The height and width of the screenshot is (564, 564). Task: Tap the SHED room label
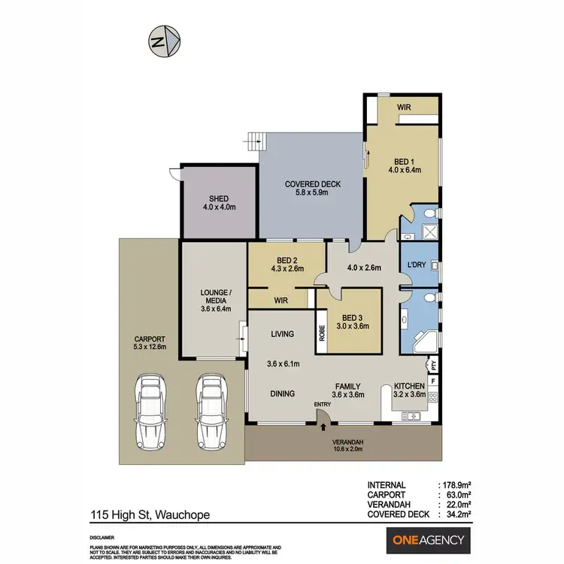point(219,199)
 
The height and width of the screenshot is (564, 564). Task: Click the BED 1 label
point(405,162)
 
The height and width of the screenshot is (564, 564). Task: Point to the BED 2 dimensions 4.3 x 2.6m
point(288,268)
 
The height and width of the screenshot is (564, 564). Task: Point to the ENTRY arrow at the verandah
point(323,426)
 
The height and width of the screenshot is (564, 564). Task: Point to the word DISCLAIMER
point(103,538)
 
